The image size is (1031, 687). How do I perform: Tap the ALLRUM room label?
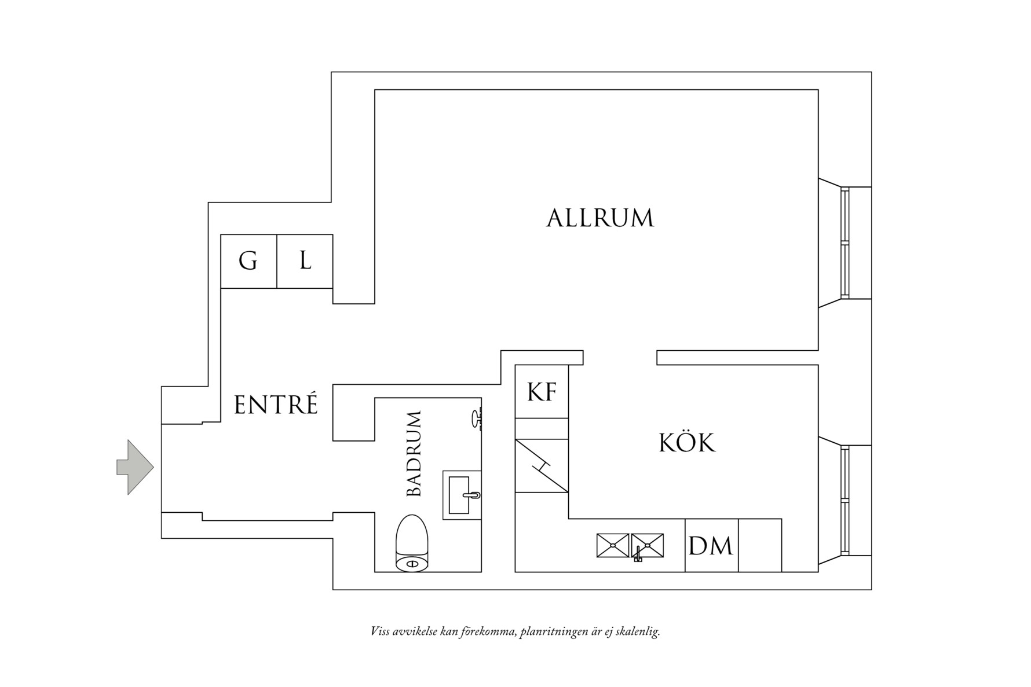(600, 218)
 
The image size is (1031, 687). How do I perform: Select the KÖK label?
(687, 443)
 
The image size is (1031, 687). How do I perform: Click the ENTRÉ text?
(276, 405)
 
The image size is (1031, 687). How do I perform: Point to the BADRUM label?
(414, 454)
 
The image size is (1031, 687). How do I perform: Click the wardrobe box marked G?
(248, 262)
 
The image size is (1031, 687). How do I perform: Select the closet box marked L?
(305, 262)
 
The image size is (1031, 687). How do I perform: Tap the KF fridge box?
(542, 392)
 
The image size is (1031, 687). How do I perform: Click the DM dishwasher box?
(711, 546)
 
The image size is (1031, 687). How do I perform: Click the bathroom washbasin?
(462, 495)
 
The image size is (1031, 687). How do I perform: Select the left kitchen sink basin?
(612, 546)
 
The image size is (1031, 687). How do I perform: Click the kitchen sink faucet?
(638, 554)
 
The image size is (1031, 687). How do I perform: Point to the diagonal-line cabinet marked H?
(542, 466)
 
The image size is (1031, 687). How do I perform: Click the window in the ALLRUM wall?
(845, 243)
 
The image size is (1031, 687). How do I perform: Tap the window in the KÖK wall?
(845, 501)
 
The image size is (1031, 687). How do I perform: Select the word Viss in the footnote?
(379, 631)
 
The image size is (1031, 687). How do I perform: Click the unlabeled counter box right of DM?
(760, 546)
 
